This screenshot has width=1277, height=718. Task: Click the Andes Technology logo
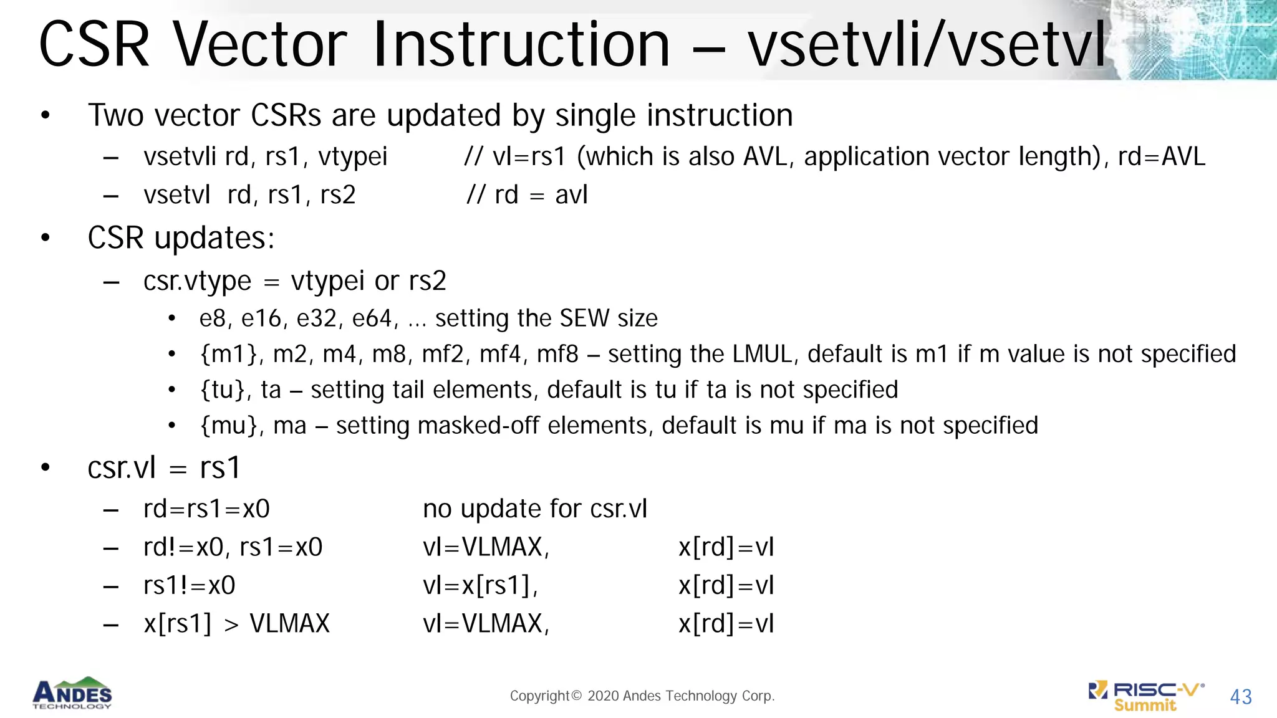(72, 693)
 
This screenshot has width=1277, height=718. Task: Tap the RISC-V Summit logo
(1146, 696)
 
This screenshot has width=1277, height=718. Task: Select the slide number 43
(1241, 697)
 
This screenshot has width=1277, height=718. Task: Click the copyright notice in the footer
(642, 696)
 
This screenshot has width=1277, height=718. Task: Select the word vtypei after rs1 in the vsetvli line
(353, 157)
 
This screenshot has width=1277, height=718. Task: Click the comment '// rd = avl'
(528, 195)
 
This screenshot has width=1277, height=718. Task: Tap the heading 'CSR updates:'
(181, 238)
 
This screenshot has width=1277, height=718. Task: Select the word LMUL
(766, 354)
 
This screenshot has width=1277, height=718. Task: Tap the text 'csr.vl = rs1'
(164, 467)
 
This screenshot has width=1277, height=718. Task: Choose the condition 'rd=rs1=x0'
(206, 509)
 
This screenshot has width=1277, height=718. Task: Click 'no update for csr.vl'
(535, 509)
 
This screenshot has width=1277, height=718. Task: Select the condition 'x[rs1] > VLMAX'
(236, 624)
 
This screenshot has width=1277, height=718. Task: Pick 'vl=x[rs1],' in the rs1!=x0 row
(480, 586)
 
